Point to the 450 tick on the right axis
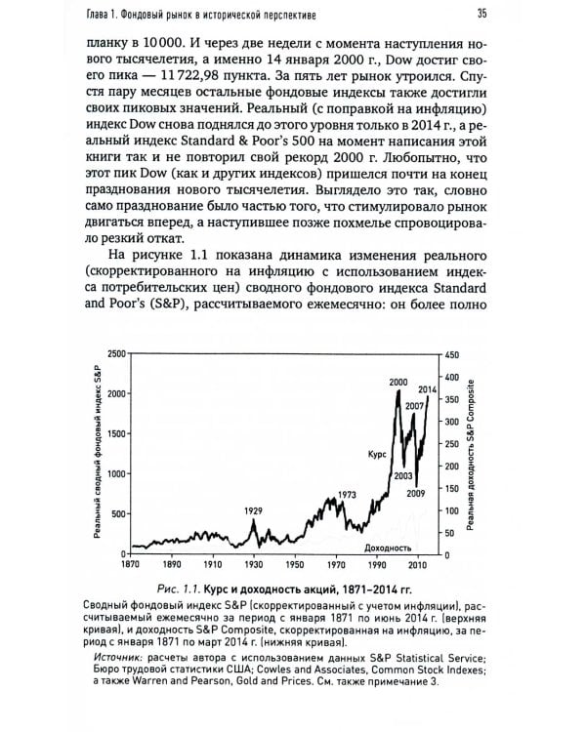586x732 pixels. point(451,353)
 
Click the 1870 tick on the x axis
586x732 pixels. point(132,564)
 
